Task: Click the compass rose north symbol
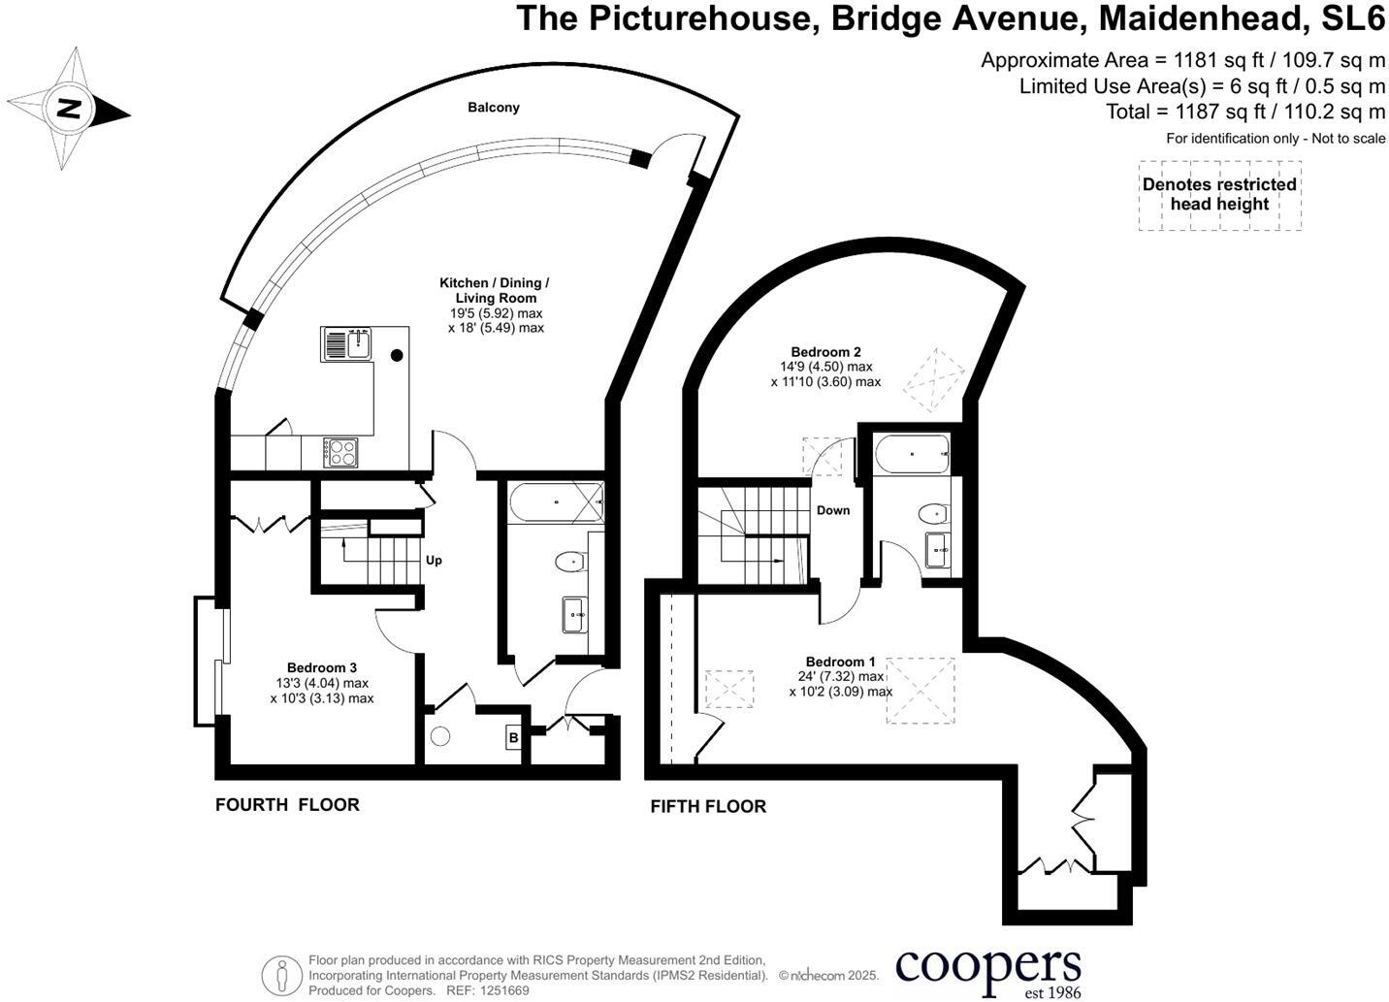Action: click(x=68, y=108)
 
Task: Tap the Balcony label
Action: click(x=494, y=108)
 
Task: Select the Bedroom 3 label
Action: click(x=322, y=667)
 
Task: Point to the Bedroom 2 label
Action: click(x=825, y=352)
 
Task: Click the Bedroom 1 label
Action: click(x=840, y=662)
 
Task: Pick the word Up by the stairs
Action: click(x=434, y=560)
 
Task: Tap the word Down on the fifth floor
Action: click(x=833, y=510)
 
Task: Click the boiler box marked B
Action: click(x=513, y=738)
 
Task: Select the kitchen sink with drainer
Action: click(x=346, y=344)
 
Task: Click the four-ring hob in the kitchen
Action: click(x=341, y=452)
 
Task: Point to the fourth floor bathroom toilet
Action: click(x=570, y=561)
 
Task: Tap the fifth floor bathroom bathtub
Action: click(x=911, y=454)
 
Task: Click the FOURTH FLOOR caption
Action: click(x=287, y=804)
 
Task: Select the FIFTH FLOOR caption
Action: click(x=708, y=806)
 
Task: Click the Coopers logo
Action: click(x=987, y=969)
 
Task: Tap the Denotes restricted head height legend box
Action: click(x=1219, y=195)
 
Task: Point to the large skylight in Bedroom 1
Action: click(x=920, y=690)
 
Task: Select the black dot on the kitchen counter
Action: click(x=397, y=355)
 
